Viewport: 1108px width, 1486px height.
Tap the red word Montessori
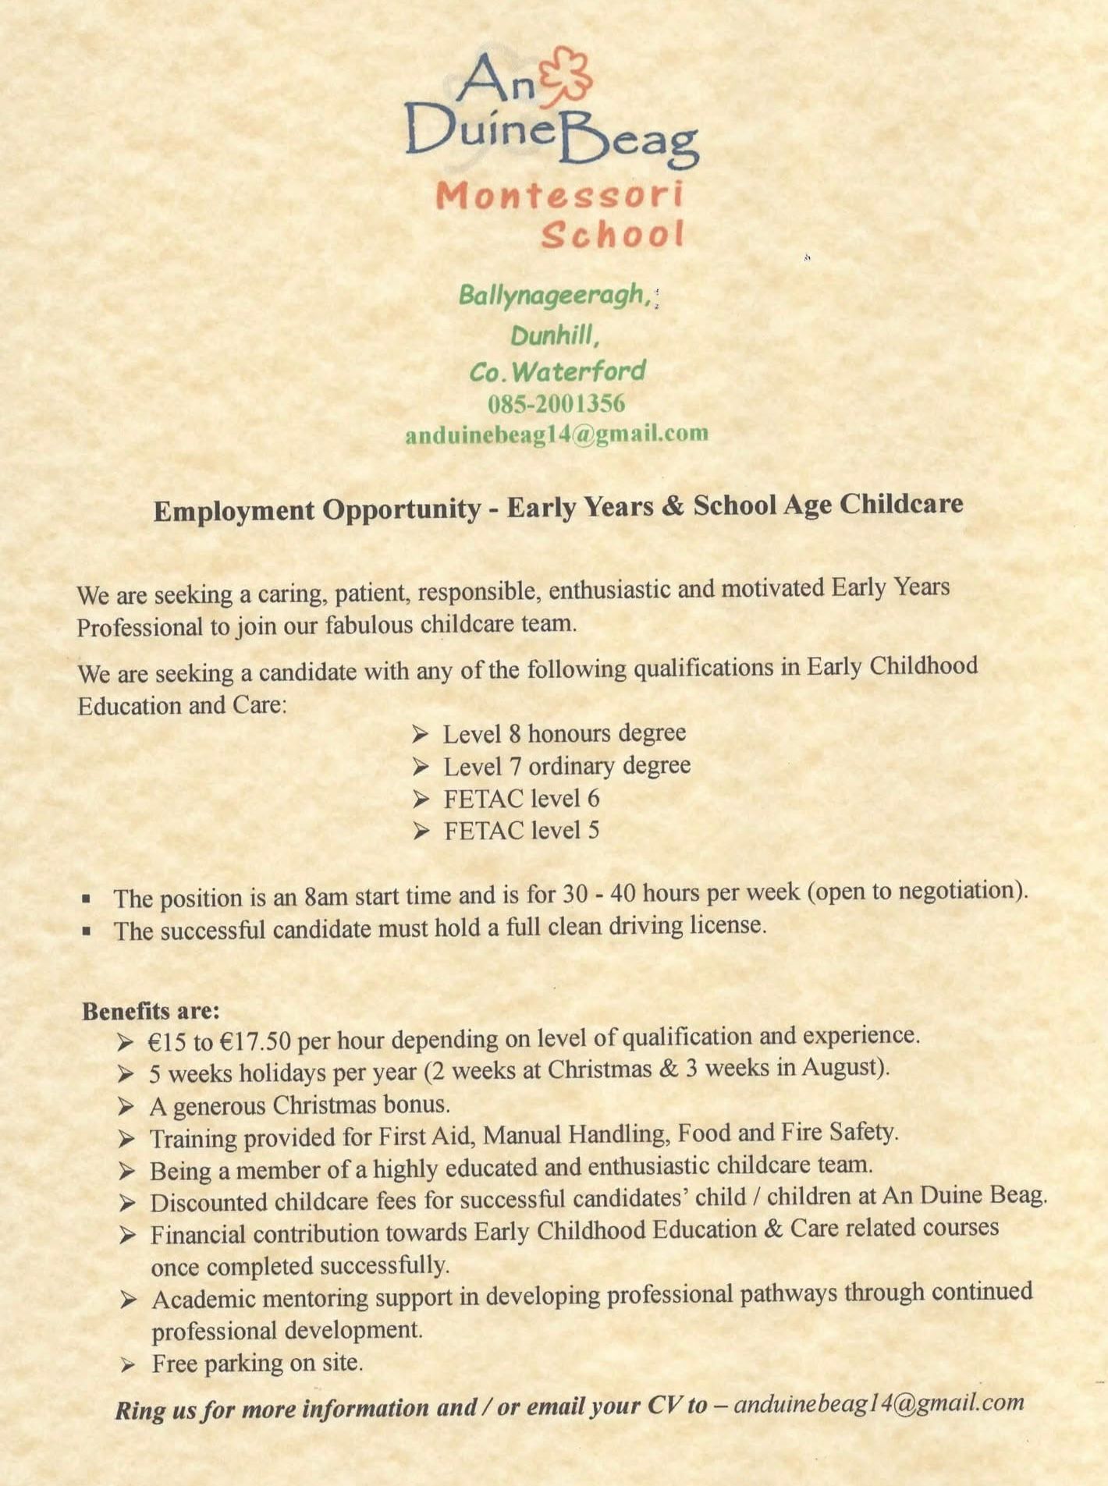559,195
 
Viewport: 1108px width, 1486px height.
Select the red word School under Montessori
613,235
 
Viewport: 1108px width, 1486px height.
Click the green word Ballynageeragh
555,295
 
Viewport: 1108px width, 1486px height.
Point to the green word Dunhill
555,335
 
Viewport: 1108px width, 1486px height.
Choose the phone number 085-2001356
556,403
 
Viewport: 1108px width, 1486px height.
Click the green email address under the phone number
556,434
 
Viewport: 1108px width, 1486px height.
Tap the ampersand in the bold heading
671,507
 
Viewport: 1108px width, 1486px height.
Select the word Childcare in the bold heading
900,504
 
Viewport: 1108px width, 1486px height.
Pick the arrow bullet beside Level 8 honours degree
421,734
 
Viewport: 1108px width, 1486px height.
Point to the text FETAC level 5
521,831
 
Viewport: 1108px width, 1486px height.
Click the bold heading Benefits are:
151,1011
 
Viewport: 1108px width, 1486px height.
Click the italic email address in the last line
879,1403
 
